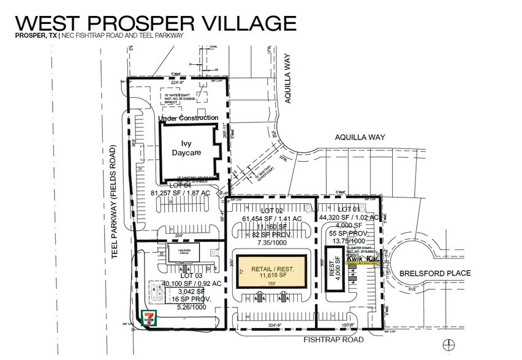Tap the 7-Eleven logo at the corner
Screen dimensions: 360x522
click(147, 319)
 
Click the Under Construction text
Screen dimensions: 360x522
click(188, 118)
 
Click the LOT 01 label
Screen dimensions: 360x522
click(347, 209)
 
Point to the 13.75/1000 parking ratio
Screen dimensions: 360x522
click(347, 242)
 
